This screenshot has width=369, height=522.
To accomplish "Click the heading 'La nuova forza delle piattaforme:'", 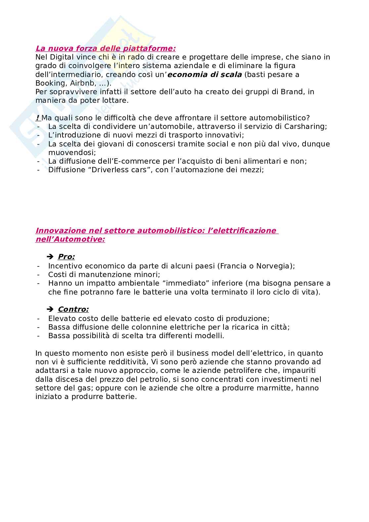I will coord(105,49).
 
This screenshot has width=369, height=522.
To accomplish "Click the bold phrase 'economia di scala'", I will coord(205,74).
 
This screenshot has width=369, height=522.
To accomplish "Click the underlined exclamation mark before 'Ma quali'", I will coord(37,118).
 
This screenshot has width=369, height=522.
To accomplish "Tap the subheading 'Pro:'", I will coord(66,257).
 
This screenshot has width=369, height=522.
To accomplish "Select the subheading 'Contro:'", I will coord(73,309).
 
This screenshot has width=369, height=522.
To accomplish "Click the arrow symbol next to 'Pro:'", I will coord(50,257).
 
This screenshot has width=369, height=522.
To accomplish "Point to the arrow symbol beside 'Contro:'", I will coord(50,309).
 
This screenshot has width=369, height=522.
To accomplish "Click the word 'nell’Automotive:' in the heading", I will coord(70,239).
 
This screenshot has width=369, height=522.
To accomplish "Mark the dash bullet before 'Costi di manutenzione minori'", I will coord(39,274).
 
